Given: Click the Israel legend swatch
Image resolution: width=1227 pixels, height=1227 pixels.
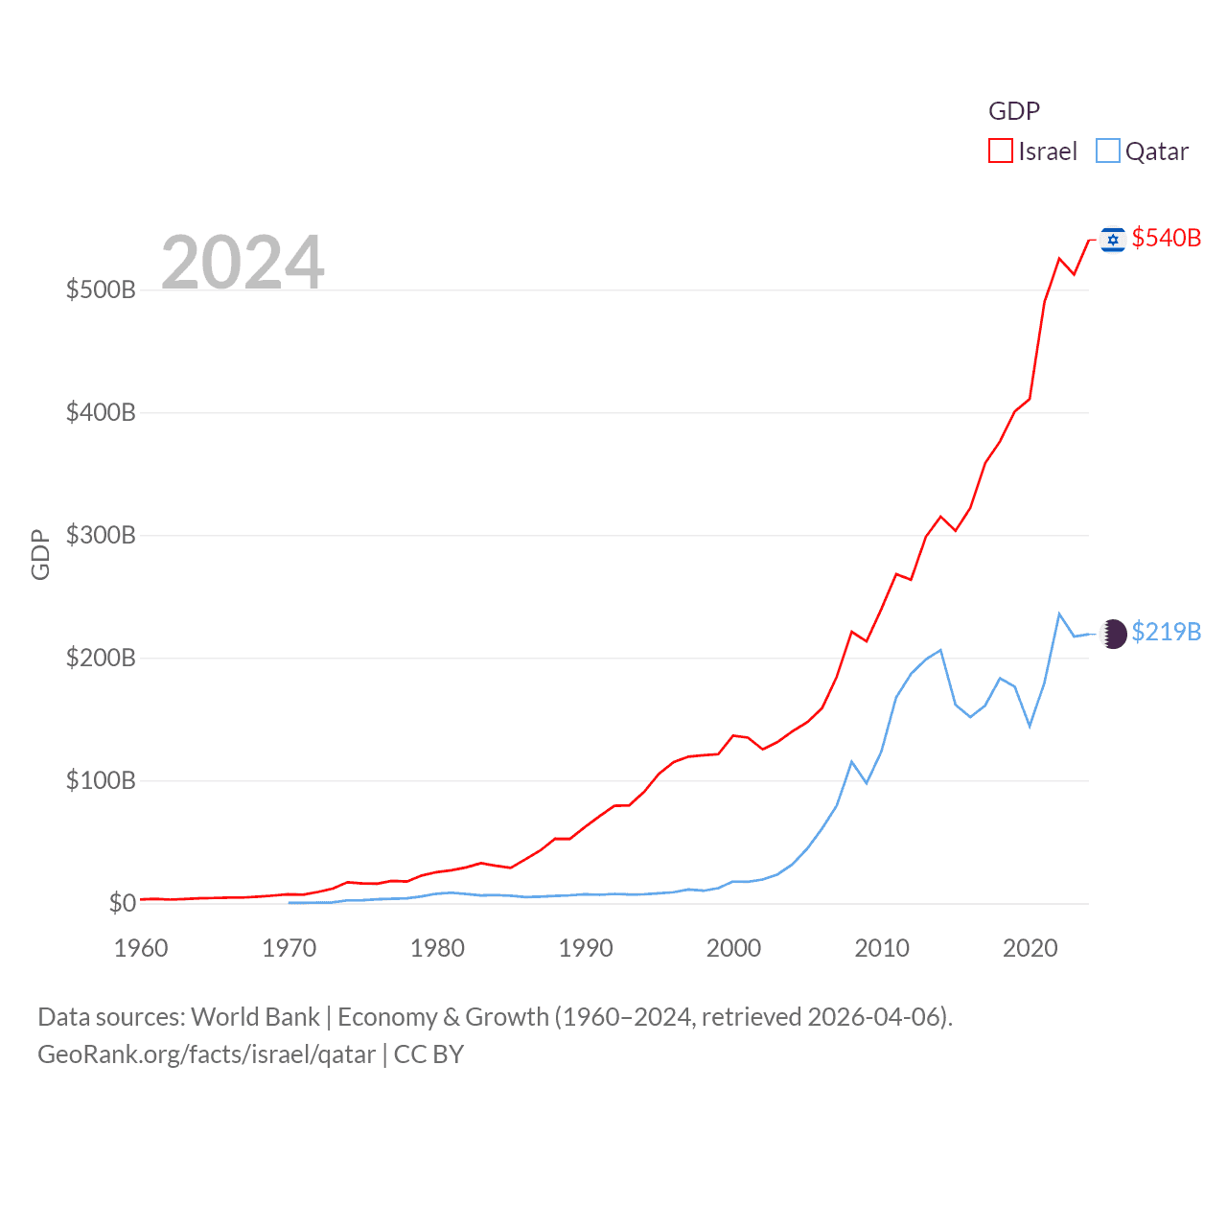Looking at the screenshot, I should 1001,151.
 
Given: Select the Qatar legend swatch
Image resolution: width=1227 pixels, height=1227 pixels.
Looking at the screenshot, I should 1108,151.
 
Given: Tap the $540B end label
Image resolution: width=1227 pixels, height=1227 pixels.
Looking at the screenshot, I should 1166,238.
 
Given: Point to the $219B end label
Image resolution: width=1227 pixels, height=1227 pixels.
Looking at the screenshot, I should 1166,632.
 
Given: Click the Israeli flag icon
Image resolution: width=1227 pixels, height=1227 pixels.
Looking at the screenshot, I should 1113,239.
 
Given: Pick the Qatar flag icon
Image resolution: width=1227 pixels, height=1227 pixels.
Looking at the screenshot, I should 1114,634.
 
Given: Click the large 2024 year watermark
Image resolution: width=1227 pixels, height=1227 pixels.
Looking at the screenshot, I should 243,263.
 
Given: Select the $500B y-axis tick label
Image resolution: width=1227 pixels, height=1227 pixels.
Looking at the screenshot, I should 101,289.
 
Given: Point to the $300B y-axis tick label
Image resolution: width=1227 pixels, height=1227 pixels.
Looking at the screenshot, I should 101,535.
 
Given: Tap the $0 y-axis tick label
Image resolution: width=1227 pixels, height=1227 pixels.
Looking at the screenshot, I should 123,903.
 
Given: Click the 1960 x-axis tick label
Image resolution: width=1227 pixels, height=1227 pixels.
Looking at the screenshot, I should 141,948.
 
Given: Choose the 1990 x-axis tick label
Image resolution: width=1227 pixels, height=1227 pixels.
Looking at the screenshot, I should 586,948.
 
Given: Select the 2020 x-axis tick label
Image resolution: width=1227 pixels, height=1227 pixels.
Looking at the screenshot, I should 1030,948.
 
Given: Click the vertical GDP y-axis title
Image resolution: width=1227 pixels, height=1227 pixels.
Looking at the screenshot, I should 40,554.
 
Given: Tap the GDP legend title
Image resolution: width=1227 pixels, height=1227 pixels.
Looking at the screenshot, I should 1014,111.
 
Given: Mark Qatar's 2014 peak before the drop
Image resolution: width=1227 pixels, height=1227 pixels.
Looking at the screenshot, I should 940,650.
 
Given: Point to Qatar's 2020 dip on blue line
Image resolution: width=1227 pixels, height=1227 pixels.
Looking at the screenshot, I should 1030,726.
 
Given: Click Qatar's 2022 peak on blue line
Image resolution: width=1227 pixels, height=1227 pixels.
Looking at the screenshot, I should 1059,613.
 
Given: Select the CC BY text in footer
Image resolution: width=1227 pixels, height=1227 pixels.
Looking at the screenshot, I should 428,1054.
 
